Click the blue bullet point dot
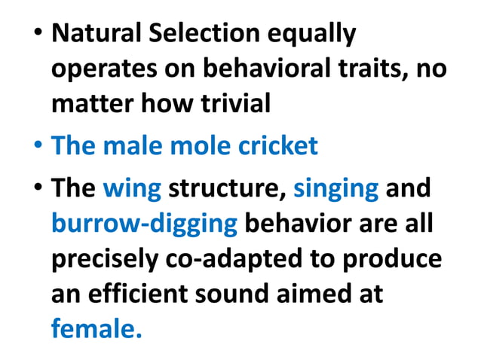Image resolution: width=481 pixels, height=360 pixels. click(36, 145)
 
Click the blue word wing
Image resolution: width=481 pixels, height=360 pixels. click(132, 188)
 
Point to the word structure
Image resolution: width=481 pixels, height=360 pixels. click(227, 188)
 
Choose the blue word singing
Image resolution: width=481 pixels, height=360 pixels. click(335, 188)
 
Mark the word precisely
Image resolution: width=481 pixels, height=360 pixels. click(106, 258)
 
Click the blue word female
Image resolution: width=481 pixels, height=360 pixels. click(96, 328)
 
